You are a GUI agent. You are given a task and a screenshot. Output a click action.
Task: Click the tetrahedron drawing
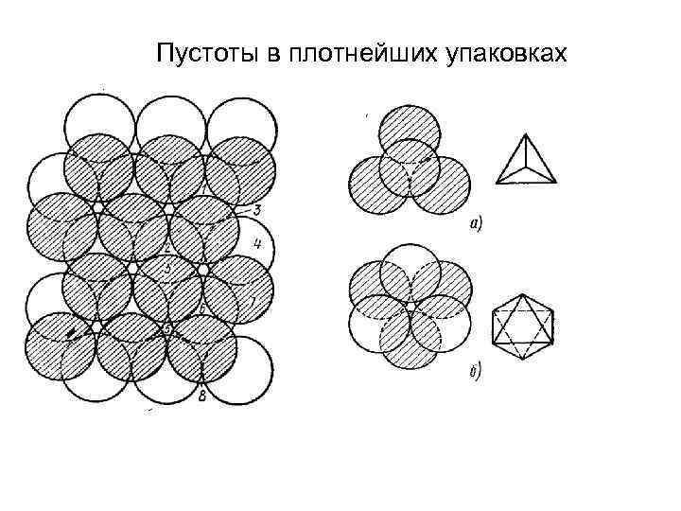click(x=522, y=162)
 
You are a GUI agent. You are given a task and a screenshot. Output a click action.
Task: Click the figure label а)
click(x=476, y=224)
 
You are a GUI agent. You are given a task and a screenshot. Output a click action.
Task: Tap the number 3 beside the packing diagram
click(x=257, y=209)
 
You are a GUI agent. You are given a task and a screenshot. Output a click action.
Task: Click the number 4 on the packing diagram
click(x=257, y=244)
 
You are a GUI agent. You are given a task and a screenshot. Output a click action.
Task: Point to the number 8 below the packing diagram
click(x=202, y=396)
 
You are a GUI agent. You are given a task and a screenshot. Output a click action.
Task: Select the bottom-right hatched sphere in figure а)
click(x=443, y=184)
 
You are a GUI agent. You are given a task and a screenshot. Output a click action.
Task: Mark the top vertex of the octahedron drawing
click(x=522, y=296)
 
